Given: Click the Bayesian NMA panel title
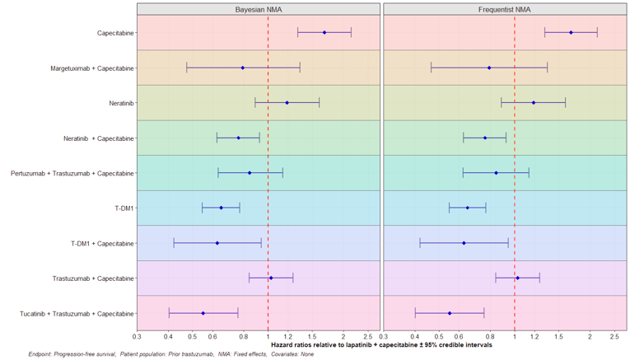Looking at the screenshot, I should (259, 8).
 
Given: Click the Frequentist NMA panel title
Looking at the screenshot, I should (505, 8).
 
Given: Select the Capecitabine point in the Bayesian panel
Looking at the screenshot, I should (324, 33).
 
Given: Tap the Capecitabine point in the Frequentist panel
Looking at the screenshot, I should (571, 33).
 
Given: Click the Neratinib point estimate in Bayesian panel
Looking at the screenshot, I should (287, 103).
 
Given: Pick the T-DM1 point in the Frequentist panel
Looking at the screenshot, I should (467, 208).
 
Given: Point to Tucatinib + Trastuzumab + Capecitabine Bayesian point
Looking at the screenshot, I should (203, 313).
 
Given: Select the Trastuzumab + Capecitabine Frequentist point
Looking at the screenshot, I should (517, 278).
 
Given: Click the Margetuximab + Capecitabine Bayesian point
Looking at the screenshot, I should (242, 68).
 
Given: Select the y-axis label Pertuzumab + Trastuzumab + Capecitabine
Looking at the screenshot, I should (72, 174).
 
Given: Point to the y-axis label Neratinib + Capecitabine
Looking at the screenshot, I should (99, 138).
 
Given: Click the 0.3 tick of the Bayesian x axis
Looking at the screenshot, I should (137, 336).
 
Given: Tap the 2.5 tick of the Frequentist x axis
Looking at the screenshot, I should (614, 336).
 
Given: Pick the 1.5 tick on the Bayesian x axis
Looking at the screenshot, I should (311, 336).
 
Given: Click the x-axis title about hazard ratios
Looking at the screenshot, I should (382, 345).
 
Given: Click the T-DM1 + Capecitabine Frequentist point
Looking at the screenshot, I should (464, 243).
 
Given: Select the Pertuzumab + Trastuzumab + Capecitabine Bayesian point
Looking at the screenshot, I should (250, 173).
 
